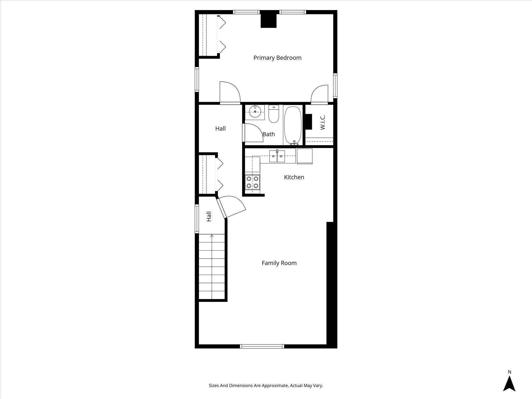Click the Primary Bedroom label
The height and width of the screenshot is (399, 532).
[x=277, y=58]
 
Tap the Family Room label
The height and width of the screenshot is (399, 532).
[x=279, y=263]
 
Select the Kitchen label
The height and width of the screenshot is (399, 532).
[x=294, y=177]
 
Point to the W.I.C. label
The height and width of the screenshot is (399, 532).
[x=323, y=122]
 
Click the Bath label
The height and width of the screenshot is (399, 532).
[x=269, y=134]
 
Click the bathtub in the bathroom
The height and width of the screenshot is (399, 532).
[x=293, y=125]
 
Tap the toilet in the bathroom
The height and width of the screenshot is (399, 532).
[x=273, y=114]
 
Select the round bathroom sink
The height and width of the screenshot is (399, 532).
[x=255, y=112]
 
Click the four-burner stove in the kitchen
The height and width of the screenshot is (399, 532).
[x=252, y=182]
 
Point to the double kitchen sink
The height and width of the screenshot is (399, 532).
[x=277, y=156]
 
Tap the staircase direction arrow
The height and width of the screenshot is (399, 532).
[x=212, y=236]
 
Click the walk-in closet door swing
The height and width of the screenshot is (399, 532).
[x=319, y=94]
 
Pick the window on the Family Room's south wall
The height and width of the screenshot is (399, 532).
[x=262, y=346]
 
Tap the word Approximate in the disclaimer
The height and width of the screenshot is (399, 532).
[x=275, y=385]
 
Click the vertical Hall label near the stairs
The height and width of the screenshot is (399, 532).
[x=209, y=216]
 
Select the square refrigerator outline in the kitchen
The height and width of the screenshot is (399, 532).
[x=304, y=156]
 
